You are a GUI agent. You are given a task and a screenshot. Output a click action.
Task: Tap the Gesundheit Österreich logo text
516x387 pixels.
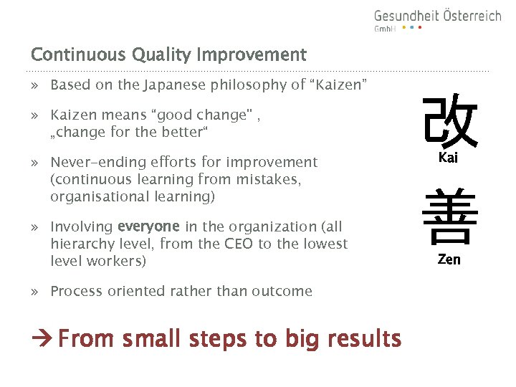coord(437,16)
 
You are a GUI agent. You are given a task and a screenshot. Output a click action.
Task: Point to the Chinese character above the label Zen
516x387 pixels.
coord(449,218)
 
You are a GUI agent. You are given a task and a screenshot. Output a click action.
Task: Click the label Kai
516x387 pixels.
coord(448,158)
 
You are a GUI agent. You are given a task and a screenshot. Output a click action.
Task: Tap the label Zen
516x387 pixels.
coord(449,259)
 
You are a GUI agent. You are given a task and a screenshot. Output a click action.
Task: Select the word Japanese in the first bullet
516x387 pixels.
coord(176,86)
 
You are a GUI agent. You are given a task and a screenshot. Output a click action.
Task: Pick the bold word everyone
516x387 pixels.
coord(149,226)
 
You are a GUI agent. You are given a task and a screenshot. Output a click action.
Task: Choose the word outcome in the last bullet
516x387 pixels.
coord(283,291)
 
